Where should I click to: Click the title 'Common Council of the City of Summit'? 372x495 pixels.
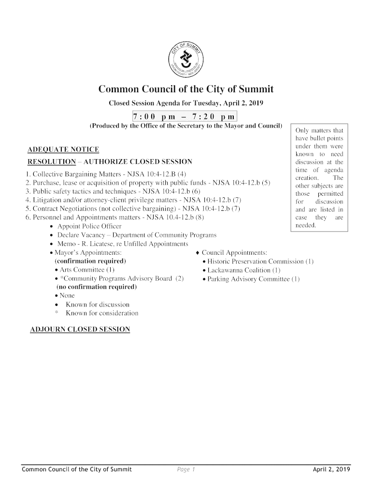[x=186, y=89]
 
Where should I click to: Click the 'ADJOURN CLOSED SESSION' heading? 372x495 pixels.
[x=80, y=330]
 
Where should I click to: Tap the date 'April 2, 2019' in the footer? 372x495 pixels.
[x=331, y=469]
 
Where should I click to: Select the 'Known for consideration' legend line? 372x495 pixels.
[x=101, y=314]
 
